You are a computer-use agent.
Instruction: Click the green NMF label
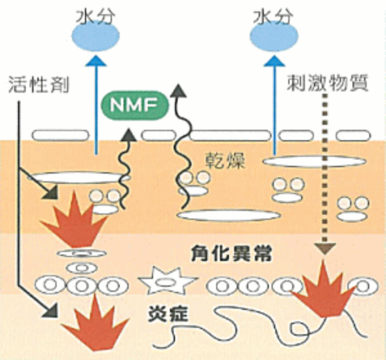[x=136, y=103]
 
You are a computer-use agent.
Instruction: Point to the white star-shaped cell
[x=166, y=282]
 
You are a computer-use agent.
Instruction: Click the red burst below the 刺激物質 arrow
[x=322, y=291]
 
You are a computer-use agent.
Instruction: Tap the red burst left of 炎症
[x=104, y=325]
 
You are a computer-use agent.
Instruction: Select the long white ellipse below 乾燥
[x=229, y=215]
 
